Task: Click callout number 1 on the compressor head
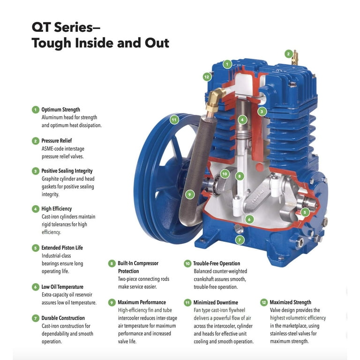(x=227, y=64)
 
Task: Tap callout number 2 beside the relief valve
(x=289, y=54)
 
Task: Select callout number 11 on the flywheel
(x=174, y=120)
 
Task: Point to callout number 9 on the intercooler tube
(x=189, y=194)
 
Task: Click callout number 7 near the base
(x=240, y=240)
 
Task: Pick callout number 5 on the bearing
(x=305, y=212)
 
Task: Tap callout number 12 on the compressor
(x=207, y=76)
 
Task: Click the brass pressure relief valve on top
(x=295, y=58)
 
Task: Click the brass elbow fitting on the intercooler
(x=213, y=99)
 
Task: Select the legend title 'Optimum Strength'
(x=60, y=110)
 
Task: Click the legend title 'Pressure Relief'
(x=57, y=141)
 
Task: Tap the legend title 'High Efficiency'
(x=57, y=209)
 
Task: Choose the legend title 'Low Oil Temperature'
(x=62, y=287)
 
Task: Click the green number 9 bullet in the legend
(x=112, y=302)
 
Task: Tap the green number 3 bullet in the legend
(x=35, y=171)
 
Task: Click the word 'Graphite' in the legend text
(x=52, y=179)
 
